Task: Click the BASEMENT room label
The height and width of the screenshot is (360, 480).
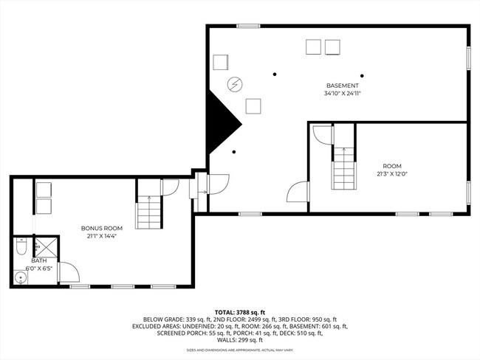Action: (342, 86)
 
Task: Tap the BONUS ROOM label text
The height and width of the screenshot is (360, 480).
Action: (101, 228)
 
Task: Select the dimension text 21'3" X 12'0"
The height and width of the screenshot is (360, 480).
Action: (392, 173)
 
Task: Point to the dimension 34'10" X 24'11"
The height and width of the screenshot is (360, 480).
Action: (342, 94)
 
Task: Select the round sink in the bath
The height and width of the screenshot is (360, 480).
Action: (19, 277)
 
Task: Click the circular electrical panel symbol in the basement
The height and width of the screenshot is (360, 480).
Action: (235, 84)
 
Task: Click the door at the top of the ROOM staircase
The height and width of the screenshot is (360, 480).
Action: (323, 135)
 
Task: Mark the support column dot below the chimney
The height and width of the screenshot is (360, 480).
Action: (234, 153)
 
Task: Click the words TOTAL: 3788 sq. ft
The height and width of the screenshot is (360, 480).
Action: (239, 313)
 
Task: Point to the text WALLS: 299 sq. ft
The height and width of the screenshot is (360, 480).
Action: (240, 339)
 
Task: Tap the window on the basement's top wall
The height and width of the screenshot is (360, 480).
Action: (248, 27)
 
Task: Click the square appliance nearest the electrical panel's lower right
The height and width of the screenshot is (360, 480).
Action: (253, 105)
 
